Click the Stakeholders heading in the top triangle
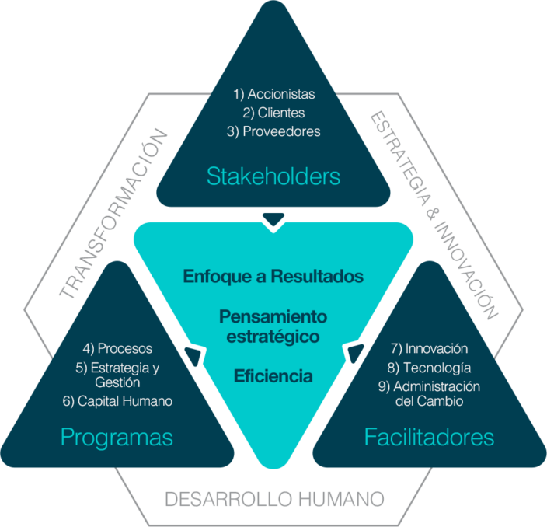[273, 176]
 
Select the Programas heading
[116, 438]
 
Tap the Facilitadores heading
[429, 438]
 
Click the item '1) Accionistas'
[274, 94]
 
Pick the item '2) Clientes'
[274, 113]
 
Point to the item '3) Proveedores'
[274, 131]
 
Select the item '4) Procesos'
[117, 348]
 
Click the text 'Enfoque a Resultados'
[273, 276]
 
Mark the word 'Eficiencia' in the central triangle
[273, 376]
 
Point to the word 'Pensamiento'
[273, 316]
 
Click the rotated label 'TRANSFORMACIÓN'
[114, 215]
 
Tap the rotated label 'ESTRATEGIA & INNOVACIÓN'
[432, 215]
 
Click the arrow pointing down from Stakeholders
[273, 222]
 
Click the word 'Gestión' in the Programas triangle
[118, 382]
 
